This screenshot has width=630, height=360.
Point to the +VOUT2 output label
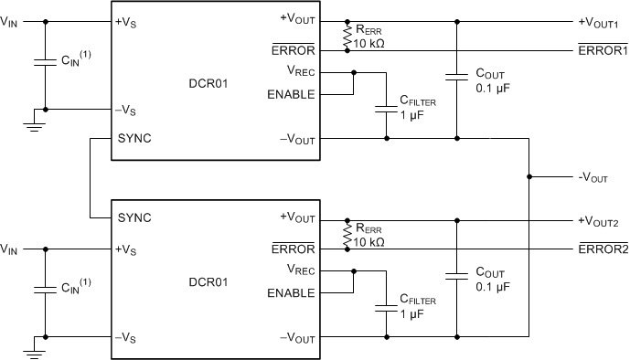tap(599, 221)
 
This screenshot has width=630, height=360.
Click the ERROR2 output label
tap(602, 249)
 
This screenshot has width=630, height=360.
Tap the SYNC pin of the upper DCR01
tap(133, 138)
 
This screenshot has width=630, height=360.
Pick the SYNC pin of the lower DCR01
tap(133, 218)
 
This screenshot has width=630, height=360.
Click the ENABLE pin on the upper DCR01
tap(291, 93)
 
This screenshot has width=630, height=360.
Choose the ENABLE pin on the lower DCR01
tap(291, 292)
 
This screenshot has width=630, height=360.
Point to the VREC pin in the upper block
tap(302, 71)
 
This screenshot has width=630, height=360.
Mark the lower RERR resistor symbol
tap(347, 235)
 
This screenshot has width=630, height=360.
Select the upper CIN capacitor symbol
tap(42, 64)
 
